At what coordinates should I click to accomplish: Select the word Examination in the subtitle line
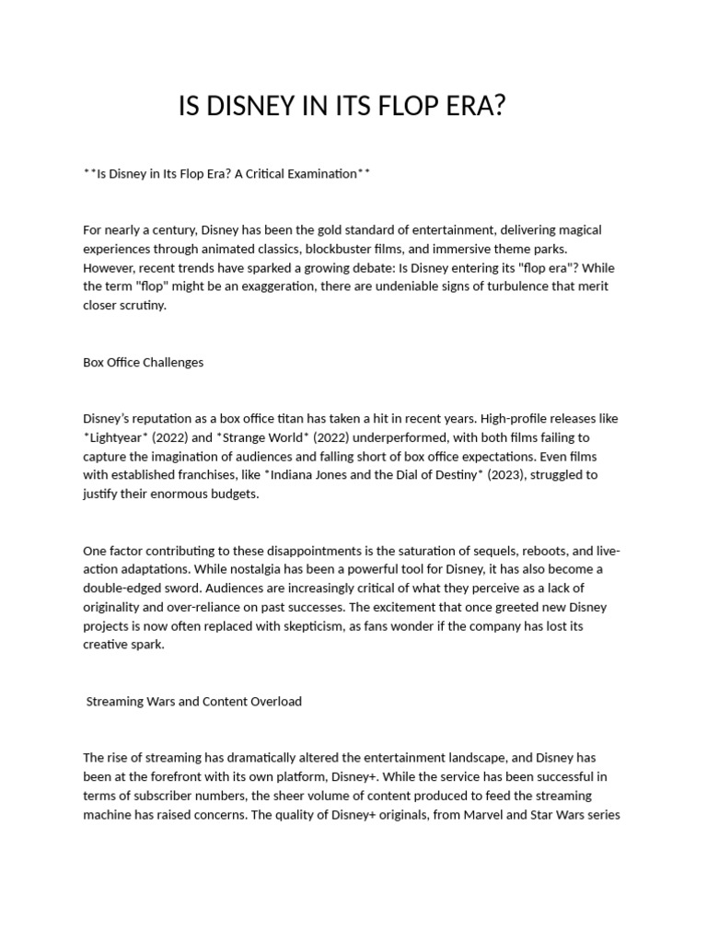click(320, 173)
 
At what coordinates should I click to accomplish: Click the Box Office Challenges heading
click(143, 362)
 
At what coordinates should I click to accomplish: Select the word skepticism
click(396, 626)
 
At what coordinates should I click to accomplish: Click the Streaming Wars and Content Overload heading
click(193, 701)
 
